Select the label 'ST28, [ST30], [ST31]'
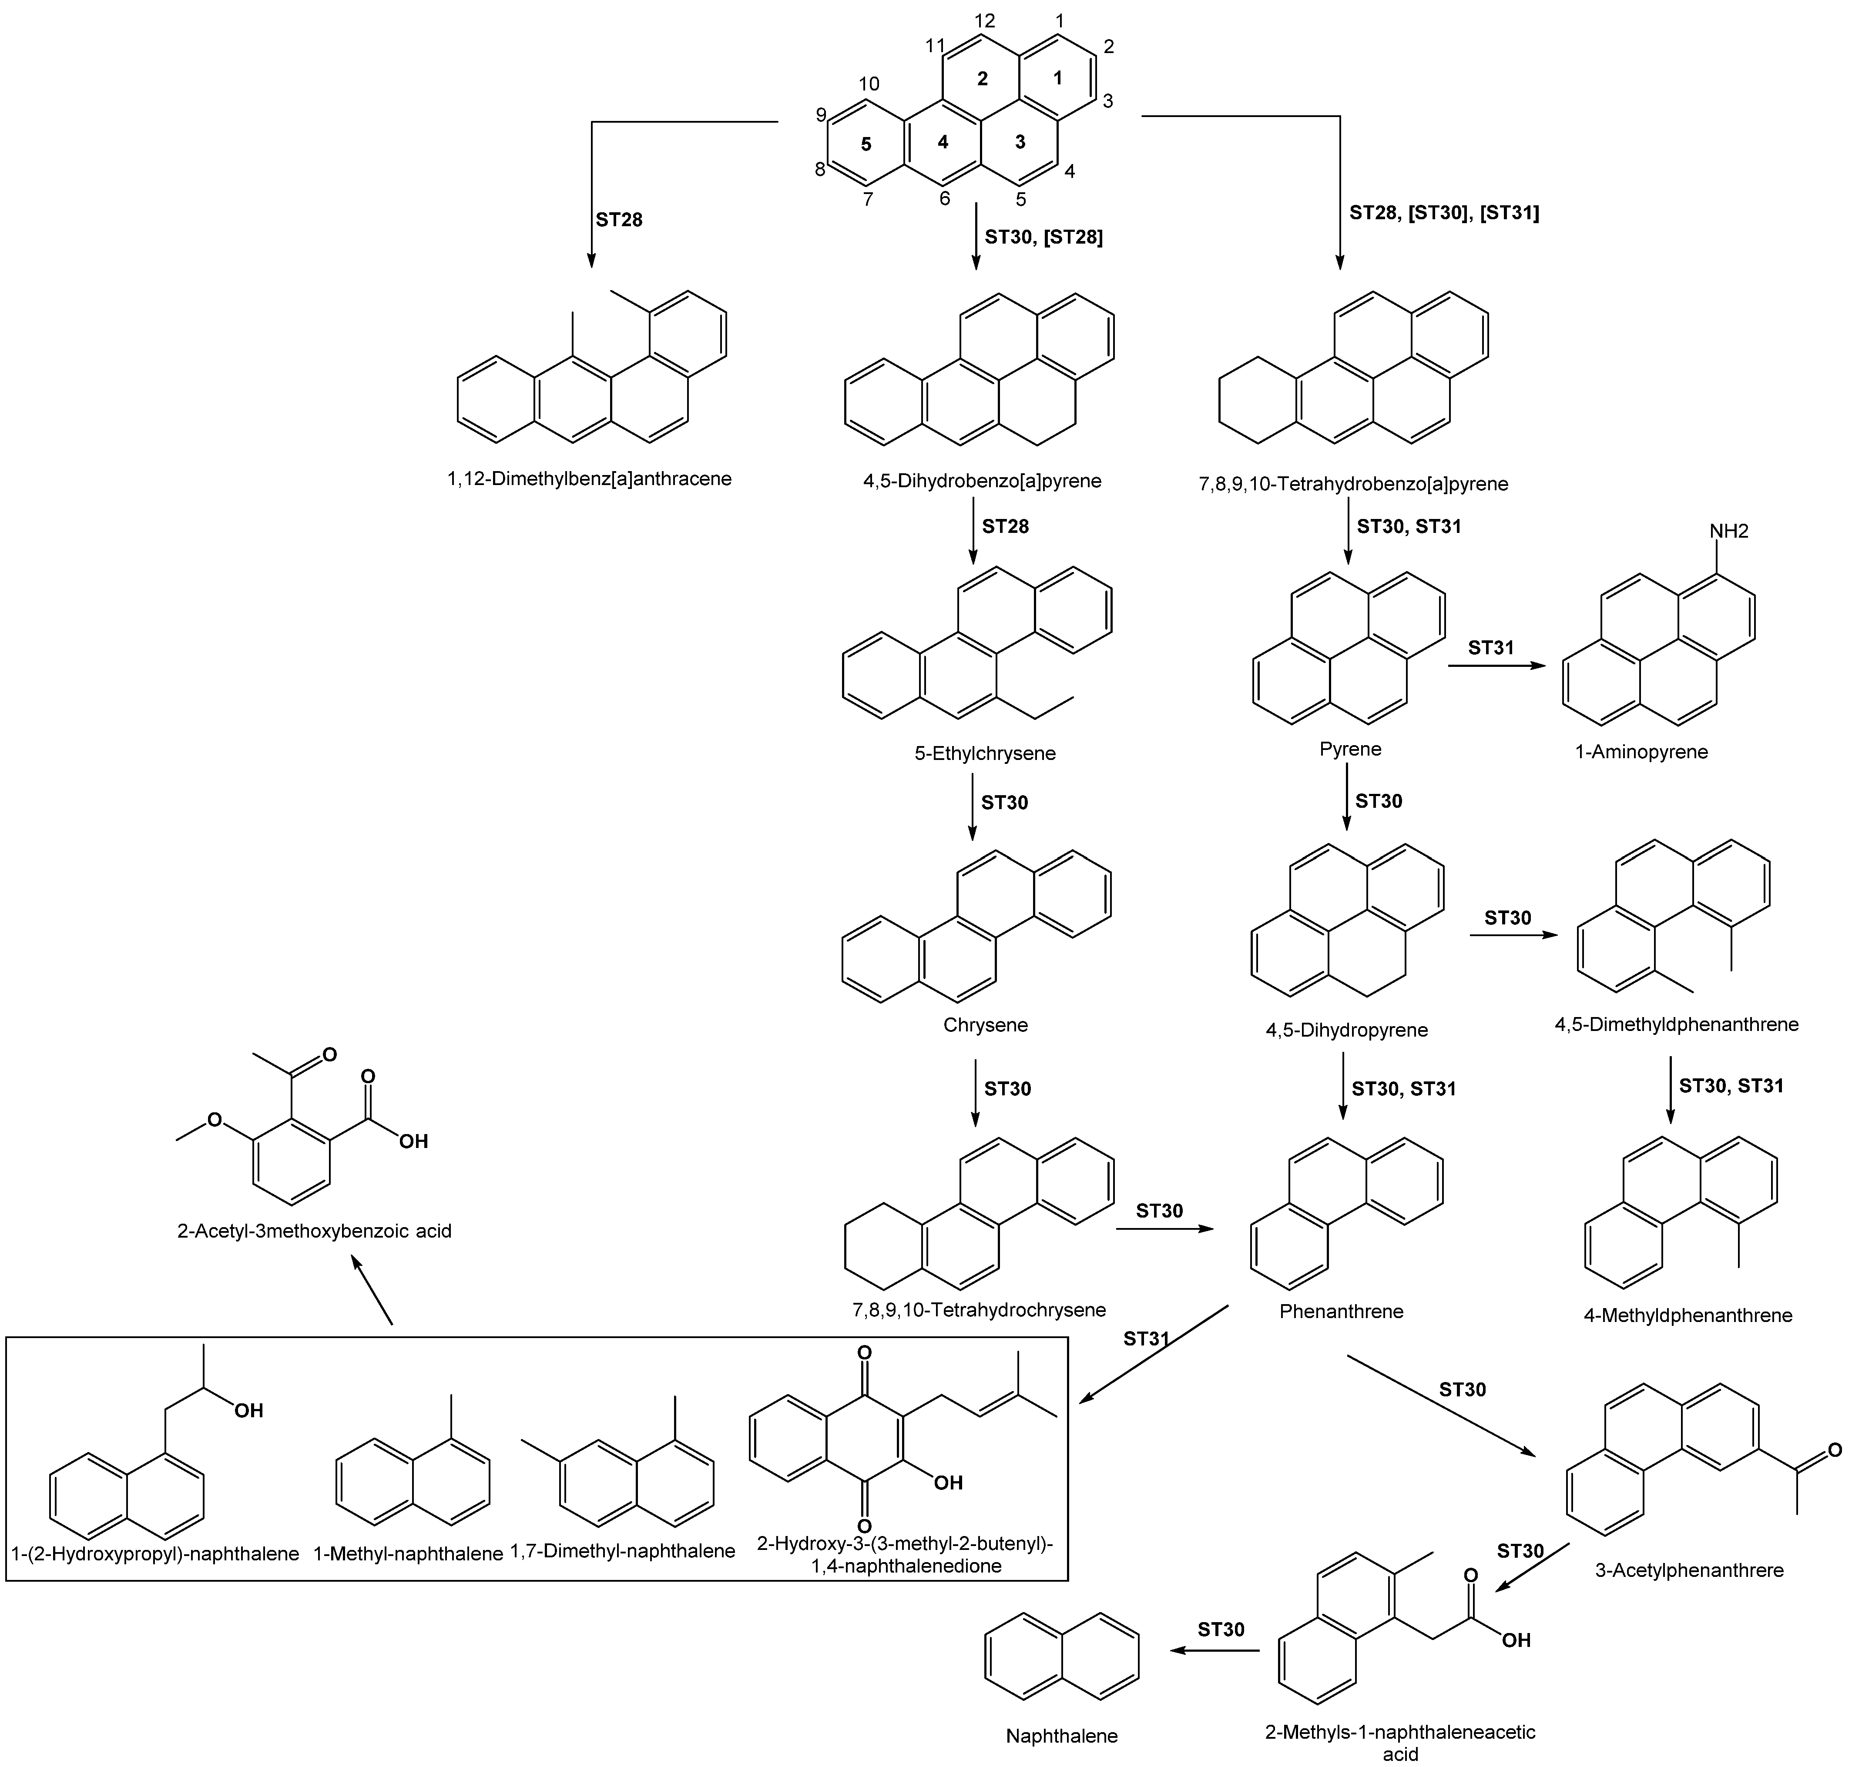[x=1444, y=213]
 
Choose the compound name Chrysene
[x=985, y=1025]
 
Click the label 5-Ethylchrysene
[x=985, y=753]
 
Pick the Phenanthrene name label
[x=1342, y=1311]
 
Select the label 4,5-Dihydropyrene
[x=1346, y=1030]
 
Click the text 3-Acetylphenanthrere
[x=1689, y=1570]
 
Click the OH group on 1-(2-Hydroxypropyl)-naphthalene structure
[x=249, y=1411]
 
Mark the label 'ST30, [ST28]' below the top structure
[x=1044, y=238]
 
